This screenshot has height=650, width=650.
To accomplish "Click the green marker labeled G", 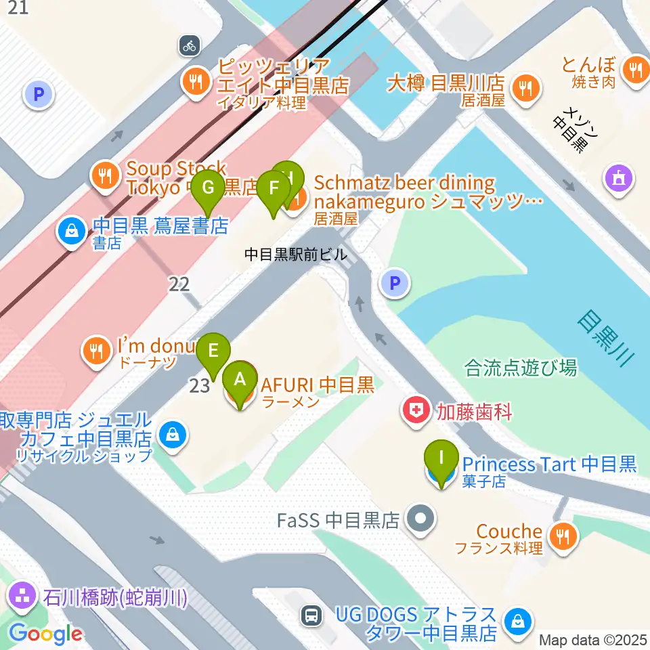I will click(209, 186).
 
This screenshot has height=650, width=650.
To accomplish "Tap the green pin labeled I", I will click(441, 458).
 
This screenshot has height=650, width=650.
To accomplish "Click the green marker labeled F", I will click(274, 188).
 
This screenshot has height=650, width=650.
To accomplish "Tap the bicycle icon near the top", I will click(189, 46).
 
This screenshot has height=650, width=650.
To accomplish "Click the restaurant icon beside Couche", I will click(562, 536).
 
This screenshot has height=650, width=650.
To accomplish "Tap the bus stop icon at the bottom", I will click(311, 615).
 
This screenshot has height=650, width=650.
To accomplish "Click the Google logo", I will click(46, 634).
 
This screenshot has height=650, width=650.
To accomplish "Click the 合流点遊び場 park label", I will click(521, 368).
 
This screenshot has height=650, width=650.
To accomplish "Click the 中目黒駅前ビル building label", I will click(295, 255).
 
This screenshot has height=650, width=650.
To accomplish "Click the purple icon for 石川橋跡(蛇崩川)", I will click(23, 598).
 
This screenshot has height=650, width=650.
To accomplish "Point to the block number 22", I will click(179, 284).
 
